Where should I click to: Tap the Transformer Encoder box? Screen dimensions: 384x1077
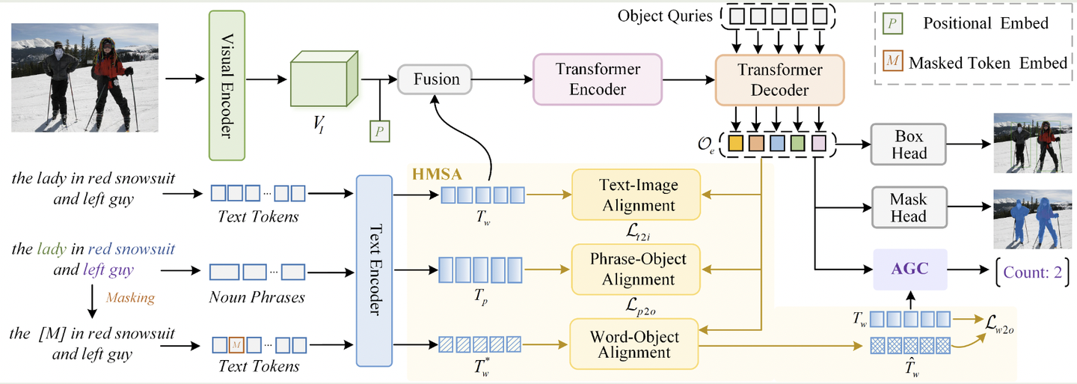pos(597,78)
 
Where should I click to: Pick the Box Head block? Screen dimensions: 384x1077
pos(908,144)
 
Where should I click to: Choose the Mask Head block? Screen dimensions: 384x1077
pos(908,207)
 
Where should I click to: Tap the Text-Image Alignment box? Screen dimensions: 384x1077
pos(634,194)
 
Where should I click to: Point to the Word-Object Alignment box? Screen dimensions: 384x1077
pos(634,343)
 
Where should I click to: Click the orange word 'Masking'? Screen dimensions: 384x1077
pos(130,297)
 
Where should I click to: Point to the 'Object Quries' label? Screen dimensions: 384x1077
pos(664,15)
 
